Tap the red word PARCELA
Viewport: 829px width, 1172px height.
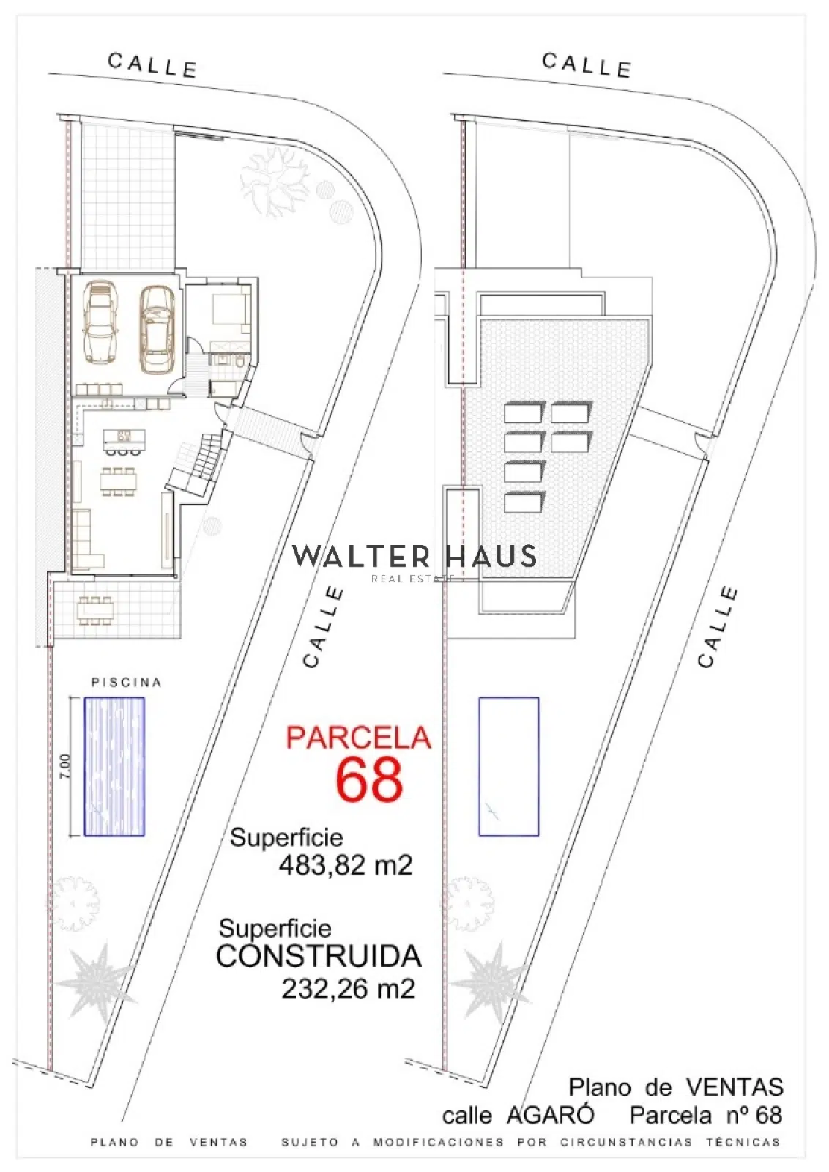pyautogui.click(x=358, y=738)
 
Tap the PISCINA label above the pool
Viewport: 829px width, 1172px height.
pyautogui.click(x=127, y=683)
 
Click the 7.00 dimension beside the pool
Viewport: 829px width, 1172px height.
pyautogui.click(x=65, y=766)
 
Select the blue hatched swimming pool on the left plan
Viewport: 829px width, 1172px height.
pyautogui.click(x=114, y=767)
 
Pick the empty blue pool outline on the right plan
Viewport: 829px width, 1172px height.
pyautogui.click(x=509, y=767)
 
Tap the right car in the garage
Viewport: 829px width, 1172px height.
pyautogui.click(x=157, y=330)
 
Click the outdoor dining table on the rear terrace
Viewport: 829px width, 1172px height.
pyautogui.click(x=96, y=610)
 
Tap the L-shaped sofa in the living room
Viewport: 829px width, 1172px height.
pyautogui.click(x=85, y=539)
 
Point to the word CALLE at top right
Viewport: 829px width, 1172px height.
pyautogui.click(x=587, y=65)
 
